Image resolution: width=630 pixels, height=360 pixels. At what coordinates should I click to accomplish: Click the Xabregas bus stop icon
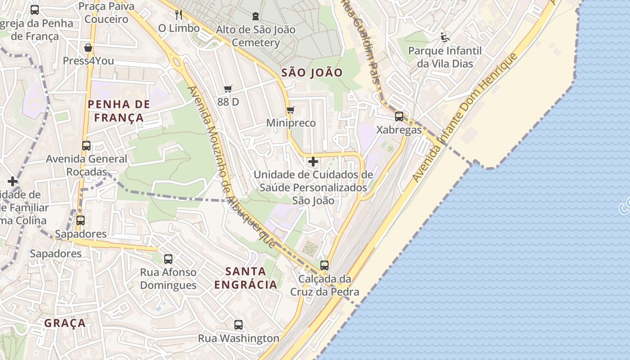point(399,117)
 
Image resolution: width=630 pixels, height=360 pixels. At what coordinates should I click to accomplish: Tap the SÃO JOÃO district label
point(312,72)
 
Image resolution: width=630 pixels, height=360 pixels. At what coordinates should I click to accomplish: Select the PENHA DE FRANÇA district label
point(119,111)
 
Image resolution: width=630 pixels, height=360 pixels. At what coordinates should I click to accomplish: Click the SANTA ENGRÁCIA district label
point(246,278)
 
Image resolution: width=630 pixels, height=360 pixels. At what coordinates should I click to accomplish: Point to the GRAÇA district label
point(65,323)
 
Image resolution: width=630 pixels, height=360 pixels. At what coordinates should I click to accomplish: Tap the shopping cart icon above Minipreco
point(291,110)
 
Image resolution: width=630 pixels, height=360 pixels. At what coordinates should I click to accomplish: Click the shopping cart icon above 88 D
point(228,89)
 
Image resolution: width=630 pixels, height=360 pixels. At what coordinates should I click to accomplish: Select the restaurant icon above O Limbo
point(179,15)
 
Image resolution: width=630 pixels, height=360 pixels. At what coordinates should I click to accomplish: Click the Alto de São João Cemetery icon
point(256,16)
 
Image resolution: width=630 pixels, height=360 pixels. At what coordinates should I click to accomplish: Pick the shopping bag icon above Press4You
point(88,48)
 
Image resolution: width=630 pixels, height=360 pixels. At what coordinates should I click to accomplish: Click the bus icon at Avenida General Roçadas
point(86,146)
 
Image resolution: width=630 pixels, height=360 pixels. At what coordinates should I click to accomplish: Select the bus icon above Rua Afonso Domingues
point(168,259)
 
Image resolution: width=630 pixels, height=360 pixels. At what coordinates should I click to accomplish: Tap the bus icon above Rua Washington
point(238,324)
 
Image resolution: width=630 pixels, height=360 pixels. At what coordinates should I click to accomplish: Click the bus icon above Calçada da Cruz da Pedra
point(324,265)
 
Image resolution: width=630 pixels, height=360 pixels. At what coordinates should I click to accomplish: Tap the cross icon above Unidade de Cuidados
point(313,162)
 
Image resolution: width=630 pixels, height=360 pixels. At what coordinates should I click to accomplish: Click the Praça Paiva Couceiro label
point(106,13)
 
